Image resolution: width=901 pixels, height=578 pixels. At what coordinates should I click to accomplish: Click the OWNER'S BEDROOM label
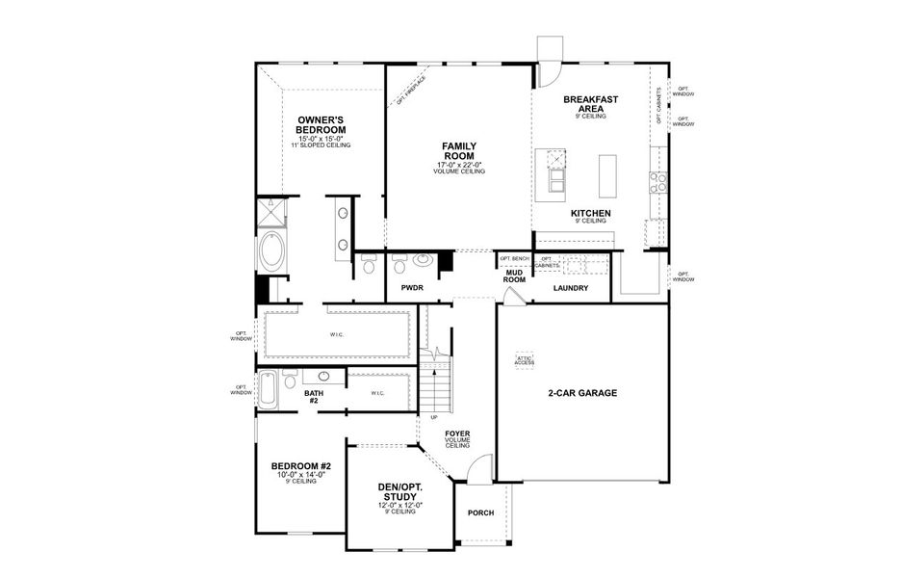click(322, 124)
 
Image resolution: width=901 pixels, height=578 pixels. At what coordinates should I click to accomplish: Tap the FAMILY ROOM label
click(459, 151)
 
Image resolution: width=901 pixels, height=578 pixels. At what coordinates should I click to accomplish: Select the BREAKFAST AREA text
click(590, 104)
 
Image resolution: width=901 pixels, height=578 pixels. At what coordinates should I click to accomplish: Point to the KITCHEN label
click(590, 213)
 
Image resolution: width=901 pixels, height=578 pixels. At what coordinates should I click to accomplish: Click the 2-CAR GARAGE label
click(582, 393)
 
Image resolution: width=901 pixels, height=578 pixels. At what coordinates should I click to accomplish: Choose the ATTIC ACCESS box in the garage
click(525, 359)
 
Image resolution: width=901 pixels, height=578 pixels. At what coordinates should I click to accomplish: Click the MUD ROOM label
click(515, 276)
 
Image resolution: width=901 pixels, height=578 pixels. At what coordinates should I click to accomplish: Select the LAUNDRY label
click(571, 288)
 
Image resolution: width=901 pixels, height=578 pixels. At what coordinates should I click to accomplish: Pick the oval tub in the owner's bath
click(270, 253)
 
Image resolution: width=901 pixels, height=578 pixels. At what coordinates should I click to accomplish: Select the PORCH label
click(480, 512)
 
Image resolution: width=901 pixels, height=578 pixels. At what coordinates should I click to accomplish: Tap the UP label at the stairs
click(434, 417)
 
